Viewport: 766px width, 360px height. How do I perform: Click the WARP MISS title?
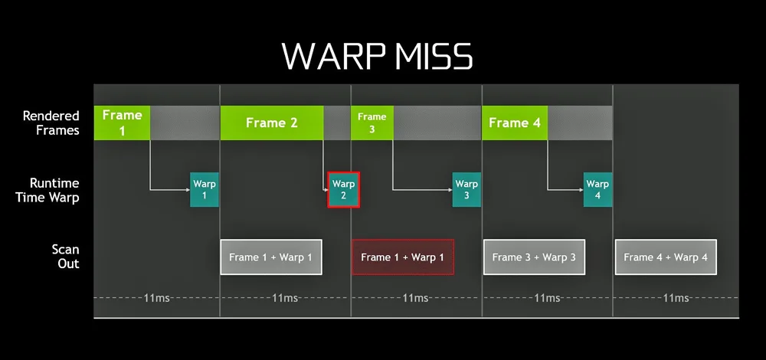[x=377, y=56]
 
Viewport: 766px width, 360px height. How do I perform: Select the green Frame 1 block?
[x=122, y=123]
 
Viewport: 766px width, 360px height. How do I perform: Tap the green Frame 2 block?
[x=271, y=123]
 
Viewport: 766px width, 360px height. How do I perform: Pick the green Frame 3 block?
[x=372, y=123]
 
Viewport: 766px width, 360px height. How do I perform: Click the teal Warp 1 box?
[x=204, y=189]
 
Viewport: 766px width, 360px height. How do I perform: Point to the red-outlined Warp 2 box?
[x=343, y=189]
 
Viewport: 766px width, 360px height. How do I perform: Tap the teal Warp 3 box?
[x=466, y=189]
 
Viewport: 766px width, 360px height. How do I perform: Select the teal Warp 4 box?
[x=597, y=189]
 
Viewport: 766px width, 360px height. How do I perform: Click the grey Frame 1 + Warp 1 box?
[x=271, y=257]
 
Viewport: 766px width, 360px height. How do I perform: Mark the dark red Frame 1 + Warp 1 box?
[x=402, y=257]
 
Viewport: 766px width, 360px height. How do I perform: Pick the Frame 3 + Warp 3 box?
[x=534, y=257]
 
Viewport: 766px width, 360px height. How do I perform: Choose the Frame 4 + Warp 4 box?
[x=666, y=257]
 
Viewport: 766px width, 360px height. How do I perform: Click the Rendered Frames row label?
[x=51, y=123]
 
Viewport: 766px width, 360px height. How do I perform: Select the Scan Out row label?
[x=65, y=257]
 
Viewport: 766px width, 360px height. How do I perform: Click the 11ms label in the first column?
[x=156, y=297]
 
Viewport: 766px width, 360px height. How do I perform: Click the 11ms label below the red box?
[x=416, y=297]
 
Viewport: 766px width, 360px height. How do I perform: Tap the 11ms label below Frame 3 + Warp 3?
[x=547, y=297]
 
